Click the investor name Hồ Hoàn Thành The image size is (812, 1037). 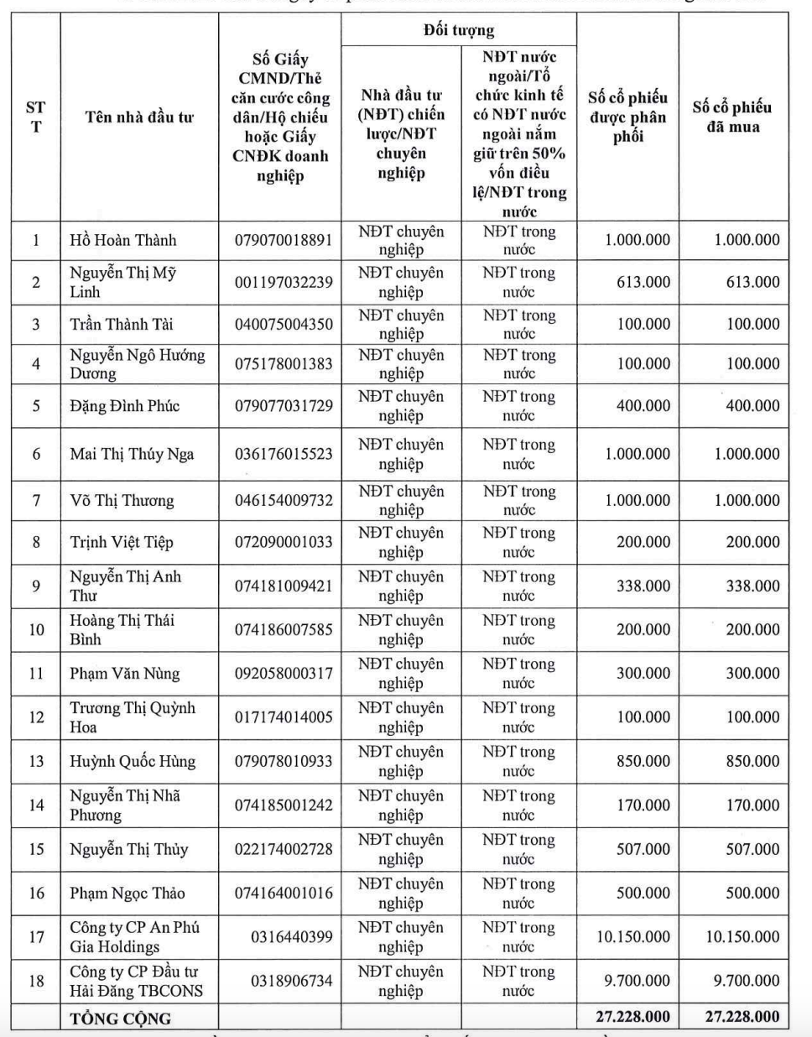(x=123, y=241)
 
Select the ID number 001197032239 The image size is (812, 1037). (x=284, y=282)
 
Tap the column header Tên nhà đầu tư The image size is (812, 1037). (x=139, y=117)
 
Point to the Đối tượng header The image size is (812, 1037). (x=459, y=31)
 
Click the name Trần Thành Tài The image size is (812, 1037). (x=122, y=325)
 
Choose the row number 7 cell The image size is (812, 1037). (x=36, y=501)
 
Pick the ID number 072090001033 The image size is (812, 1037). (x=284, y=542)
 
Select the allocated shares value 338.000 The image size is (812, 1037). (x=643, y=586)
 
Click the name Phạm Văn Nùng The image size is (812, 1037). (x=125, y=674)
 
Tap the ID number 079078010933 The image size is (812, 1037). (x=284, y=762)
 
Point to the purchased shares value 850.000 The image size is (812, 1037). (x=752, y=762)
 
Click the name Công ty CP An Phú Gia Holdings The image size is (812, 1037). (x=134, y=937)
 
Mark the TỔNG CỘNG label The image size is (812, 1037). (x=120, y=1019)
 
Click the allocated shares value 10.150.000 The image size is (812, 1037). (x=633, y=937)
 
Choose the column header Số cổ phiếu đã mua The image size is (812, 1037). (x=731, y=117)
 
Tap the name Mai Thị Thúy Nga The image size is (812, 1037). (x=132, y=455)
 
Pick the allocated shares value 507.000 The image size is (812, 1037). (x=643, y=849)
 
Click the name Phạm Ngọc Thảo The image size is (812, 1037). (x=128, y=894)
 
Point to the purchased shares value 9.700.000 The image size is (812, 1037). (x=742, y=981)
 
